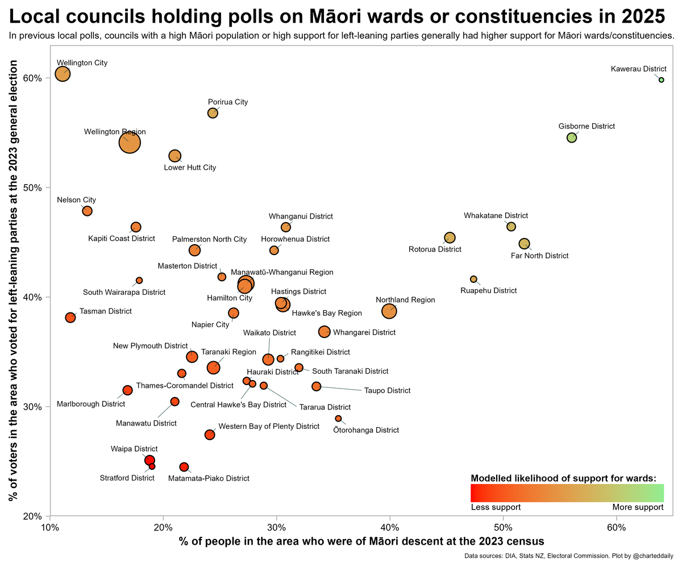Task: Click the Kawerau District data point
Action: (661, 80)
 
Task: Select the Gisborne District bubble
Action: (572, 138)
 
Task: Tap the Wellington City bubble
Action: (63, 74)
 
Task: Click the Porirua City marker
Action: (213, 113)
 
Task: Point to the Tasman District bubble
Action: (70, 318)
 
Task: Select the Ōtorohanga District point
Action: (338, 419)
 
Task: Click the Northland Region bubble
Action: (389, 311)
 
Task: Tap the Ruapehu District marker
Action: (473, 279)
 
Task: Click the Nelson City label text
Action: (76, 200)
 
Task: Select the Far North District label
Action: (539, 256)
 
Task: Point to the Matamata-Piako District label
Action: (209, 478)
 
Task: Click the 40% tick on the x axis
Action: (390, 528)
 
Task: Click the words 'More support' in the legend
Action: (638, 507)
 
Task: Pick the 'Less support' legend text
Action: (496, 507)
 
